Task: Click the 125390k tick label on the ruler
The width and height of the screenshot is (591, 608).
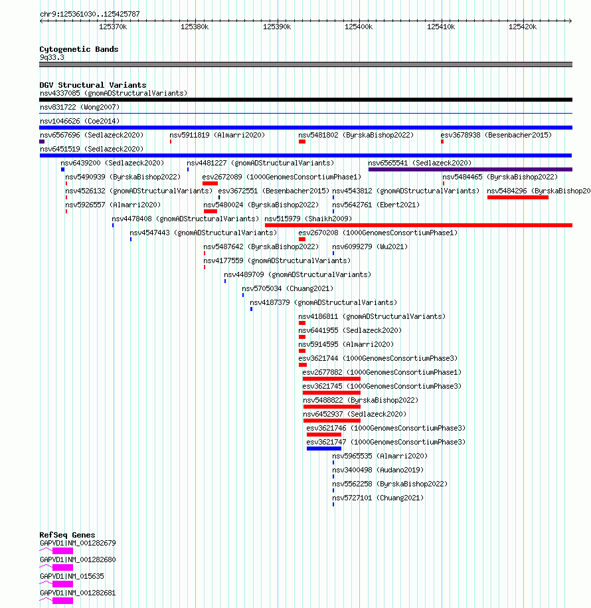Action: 277,27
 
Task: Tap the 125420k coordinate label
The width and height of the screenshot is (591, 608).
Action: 523,27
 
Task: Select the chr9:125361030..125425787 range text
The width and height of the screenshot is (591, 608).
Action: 90,14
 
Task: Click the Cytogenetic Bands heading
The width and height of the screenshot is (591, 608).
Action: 79,49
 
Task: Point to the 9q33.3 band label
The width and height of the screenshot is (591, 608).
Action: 52,57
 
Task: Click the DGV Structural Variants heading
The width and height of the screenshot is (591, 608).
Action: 93,85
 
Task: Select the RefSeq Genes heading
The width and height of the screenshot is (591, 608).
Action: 68,535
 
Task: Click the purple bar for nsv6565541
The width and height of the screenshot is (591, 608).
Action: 470,169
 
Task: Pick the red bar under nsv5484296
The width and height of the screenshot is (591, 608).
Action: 518,197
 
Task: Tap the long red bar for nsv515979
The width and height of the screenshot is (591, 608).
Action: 418,225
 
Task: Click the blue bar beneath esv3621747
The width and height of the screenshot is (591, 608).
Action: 324,449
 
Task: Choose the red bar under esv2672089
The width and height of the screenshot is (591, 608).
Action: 210,183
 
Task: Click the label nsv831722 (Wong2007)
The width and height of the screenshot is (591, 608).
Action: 80,107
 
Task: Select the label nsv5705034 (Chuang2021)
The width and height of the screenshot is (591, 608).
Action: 288,288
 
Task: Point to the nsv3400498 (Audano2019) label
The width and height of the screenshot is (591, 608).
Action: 378,470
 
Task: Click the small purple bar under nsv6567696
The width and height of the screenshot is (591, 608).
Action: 42,142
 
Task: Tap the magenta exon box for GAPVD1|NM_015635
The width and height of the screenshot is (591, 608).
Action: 63,584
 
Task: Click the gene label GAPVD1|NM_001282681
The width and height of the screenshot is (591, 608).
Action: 78,593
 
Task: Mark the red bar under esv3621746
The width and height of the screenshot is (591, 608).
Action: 324,435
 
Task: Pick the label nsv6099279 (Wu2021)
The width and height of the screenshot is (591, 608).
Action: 370,247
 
